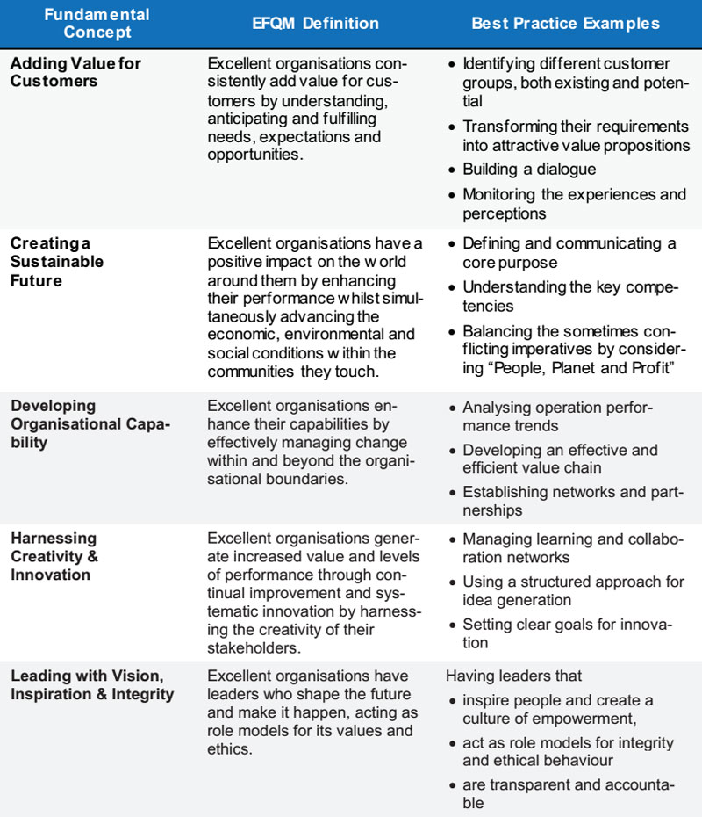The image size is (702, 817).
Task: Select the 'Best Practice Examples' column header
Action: click(565, 24)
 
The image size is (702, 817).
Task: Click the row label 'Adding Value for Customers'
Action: click(75, 72)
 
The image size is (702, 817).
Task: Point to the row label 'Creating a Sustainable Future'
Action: click(57, 262)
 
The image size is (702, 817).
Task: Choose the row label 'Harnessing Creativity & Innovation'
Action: click(54, 556)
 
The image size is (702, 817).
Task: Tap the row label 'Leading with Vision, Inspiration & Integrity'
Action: click(92, 685)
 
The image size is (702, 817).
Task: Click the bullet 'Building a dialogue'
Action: click(529, 169)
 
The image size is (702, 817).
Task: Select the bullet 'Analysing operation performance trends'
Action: click(557, 416)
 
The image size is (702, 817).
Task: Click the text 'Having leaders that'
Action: click(513, 676)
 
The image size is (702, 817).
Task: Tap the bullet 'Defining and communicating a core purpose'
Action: click(569, 253)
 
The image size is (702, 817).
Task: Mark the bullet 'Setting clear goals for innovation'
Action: click(567, 633)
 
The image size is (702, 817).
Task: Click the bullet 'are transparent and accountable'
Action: click(566, 793)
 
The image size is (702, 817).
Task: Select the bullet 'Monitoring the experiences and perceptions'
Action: click(574, 203)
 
